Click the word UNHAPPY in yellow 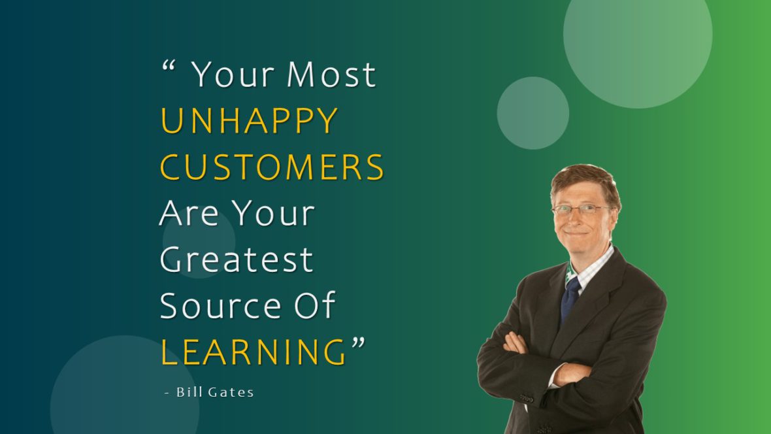pyautogui.click(x=249, y=121)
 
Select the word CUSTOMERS pyautogui.click(x=272, y=167)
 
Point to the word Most pyautogui.click(x=331, y=75)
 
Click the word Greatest pyautogui.click(x=237, y=259)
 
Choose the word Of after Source pyautogui.click(x=310, y=305)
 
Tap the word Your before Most pyautogui.click(x=233, y=75)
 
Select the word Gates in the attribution pyautogui.click(x=231, y=392)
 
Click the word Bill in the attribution pyautogui.click(x=189, y=392)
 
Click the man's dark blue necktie pyautogui.click(x=570, y=297)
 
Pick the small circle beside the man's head pyautogui.click(x=533, y=113)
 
